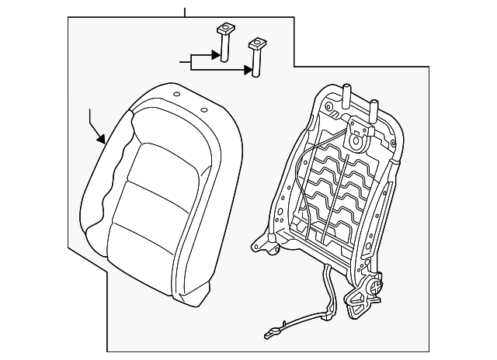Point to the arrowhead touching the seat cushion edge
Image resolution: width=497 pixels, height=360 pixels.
tap(102, 141)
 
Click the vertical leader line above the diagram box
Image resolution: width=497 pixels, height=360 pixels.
tap(185, 12)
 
